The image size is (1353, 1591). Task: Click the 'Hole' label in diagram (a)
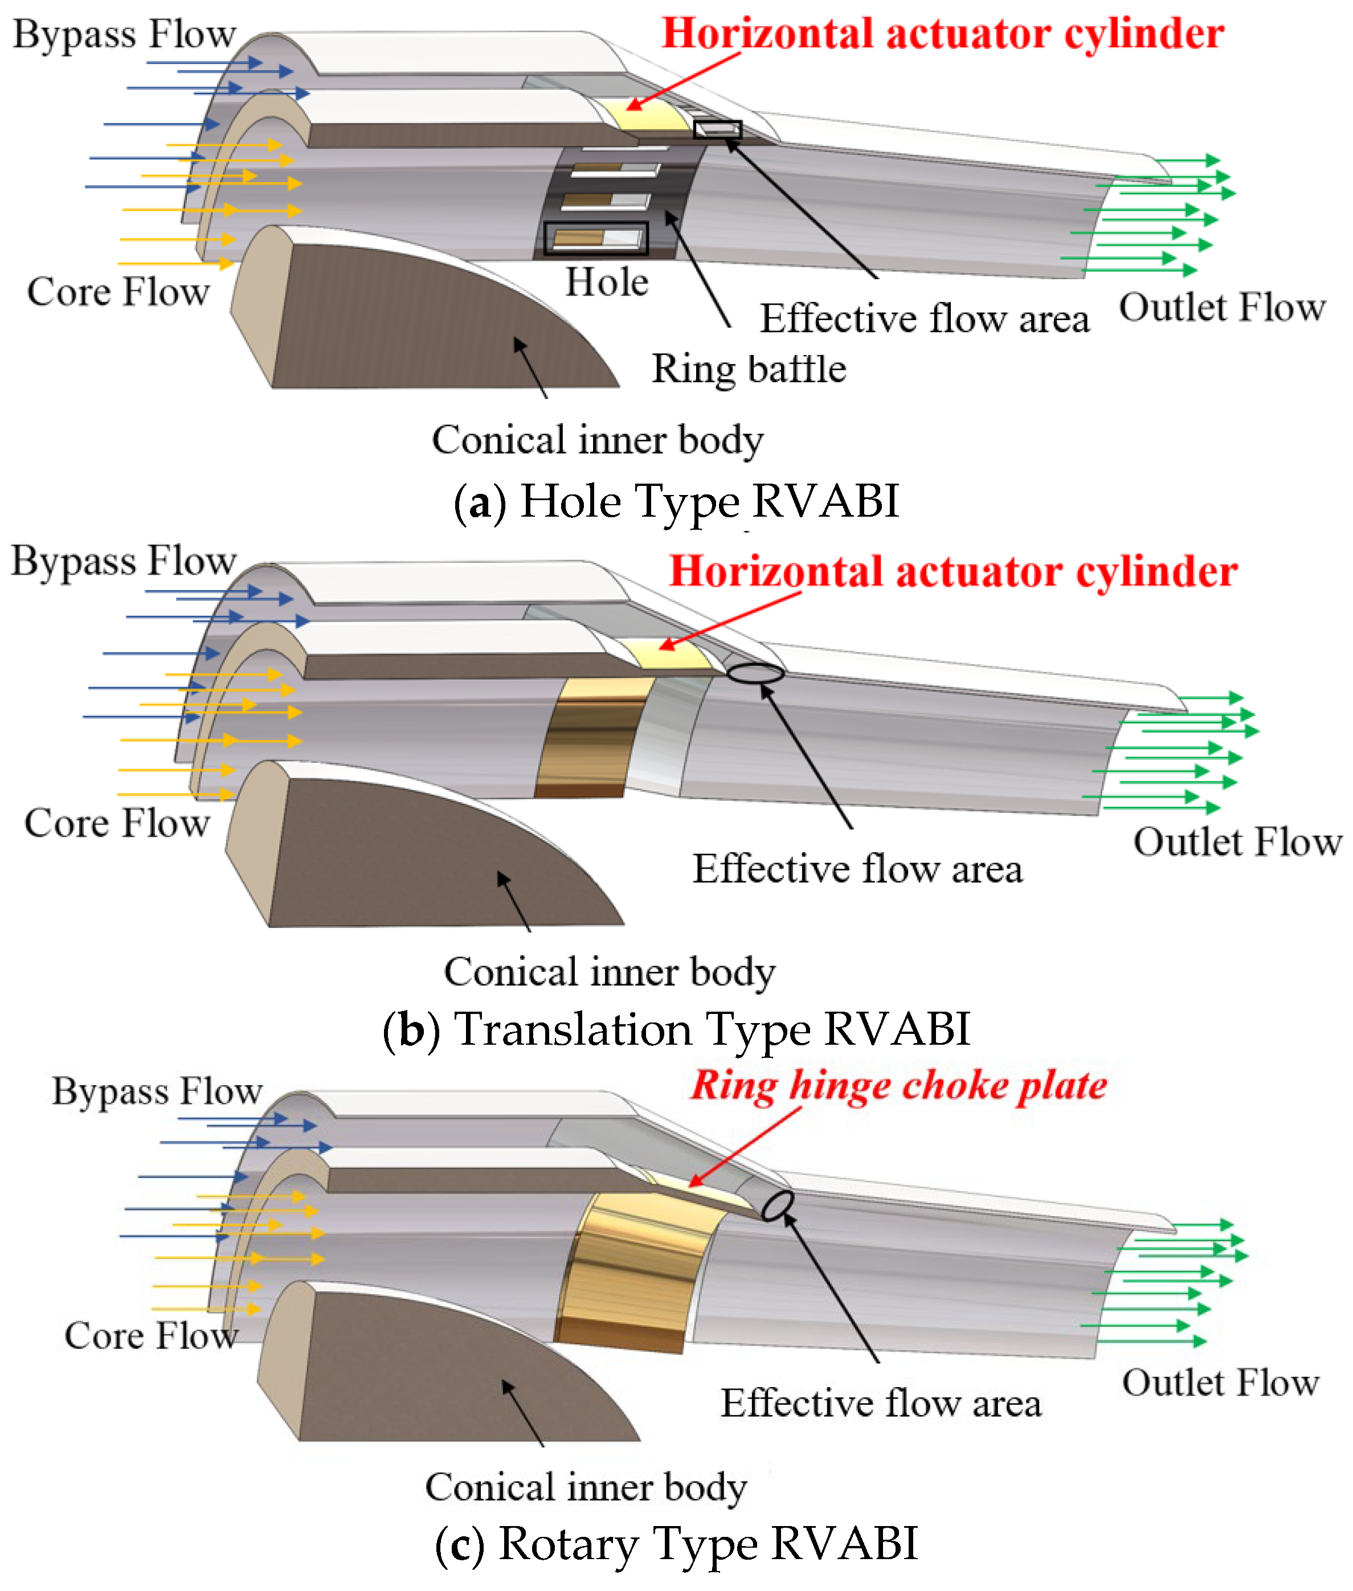click(607, 282)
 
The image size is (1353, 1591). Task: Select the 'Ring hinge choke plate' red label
click(898, 1085)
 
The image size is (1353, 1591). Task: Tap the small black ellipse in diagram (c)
click(777, 1205)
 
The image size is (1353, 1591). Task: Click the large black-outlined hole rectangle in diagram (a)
click(595, 239)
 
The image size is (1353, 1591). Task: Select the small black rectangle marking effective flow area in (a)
click(717, 129)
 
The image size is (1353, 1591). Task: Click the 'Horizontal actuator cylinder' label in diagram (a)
click(943, 34)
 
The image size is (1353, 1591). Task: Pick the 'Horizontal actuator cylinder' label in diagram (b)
click(953, 572)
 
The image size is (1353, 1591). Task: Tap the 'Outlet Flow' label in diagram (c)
click(1220, 1383)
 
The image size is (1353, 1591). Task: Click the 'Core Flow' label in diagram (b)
click(117, 823)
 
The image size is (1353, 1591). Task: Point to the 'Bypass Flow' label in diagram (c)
click(157, 1091)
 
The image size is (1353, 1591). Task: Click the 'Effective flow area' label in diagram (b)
click(857, 869)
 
